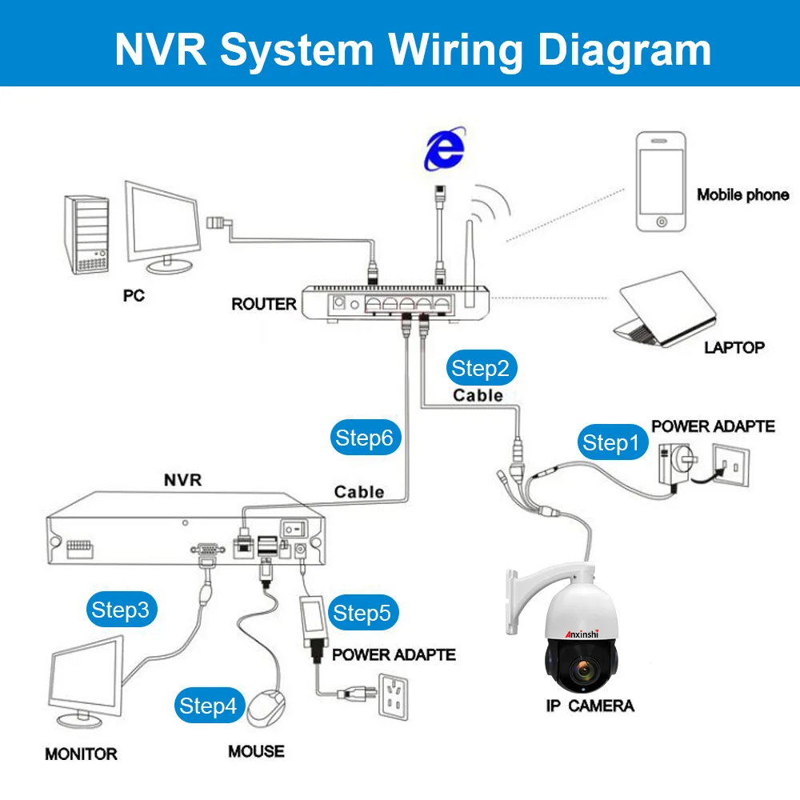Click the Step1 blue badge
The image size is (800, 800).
612,442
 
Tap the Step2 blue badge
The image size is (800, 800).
481,368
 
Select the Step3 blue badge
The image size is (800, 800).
122,609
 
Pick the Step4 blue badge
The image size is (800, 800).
209,706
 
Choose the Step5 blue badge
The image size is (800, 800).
362,613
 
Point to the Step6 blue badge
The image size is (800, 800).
366,438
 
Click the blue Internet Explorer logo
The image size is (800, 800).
446,149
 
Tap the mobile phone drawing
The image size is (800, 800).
661,182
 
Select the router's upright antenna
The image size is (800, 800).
470,264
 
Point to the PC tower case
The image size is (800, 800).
86,234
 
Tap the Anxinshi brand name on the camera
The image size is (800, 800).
582,634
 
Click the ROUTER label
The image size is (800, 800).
264,304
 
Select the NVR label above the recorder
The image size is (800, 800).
182,479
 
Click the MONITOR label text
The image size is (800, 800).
81,754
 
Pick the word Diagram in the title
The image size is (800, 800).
625,50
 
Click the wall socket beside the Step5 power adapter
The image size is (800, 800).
394,697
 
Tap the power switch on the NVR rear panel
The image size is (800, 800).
294,529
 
